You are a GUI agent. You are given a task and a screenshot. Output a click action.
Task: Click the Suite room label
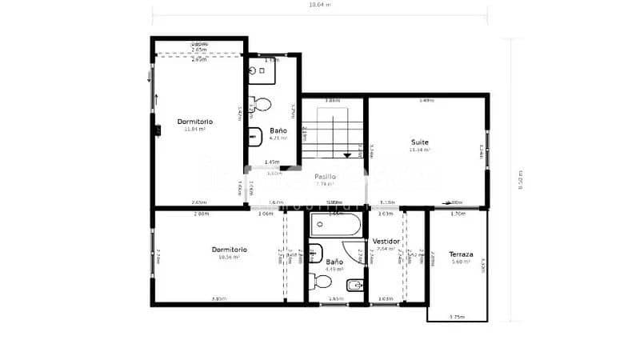coord(419,142)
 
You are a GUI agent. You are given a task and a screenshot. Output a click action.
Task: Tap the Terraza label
coord(460,254)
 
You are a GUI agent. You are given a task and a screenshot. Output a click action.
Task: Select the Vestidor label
coord(386,240)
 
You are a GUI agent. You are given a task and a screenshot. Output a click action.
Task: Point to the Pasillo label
coord(324,176)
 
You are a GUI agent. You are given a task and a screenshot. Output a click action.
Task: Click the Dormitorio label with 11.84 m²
coord(195,122)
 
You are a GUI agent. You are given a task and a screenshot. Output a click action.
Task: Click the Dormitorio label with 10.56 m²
coord(230,250)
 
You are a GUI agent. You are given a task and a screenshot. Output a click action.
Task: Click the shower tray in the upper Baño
coord(262,71)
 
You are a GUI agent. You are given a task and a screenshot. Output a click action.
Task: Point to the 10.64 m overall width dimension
coord(320,4)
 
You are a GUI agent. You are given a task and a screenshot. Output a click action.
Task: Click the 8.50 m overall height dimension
coord(520,181)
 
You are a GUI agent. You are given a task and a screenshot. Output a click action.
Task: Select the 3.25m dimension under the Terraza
coord(457,317)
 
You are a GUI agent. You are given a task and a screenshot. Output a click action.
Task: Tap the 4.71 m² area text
coord(278,138)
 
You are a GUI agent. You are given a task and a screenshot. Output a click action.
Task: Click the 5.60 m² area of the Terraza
coord(460,262)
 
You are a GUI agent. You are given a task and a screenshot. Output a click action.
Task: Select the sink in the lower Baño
coord(314,248)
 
